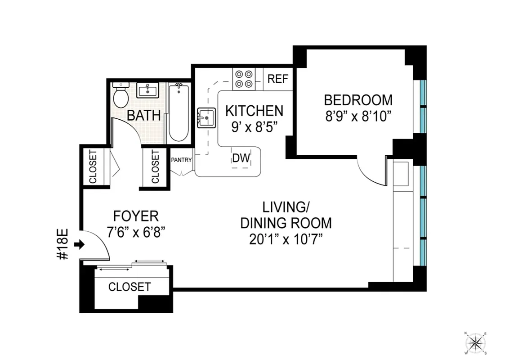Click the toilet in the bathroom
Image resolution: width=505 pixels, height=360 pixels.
[x=120, y=95]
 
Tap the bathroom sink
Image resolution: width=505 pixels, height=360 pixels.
[x=147, y=90]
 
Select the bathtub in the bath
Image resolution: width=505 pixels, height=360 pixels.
[x=179, y=112]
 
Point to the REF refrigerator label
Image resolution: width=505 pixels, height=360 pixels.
[x=277, y=79]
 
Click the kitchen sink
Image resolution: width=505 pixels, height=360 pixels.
[x=206, y=118]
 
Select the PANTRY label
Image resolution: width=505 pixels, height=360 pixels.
[x=182, y=160]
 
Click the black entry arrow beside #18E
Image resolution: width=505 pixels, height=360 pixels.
[x=79, y=245]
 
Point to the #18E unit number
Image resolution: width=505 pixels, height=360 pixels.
[x=63, y=244]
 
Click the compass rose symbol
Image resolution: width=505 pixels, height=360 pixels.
[x=475, y=344]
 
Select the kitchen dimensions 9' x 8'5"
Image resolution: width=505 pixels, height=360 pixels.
[x=254, y=127]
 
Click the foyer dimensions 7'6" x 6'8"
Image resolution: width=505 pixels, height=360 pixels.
[x=136, y=232]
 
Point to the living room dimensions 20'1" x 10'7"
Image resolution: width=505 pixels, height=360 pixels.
[x=286, y=239]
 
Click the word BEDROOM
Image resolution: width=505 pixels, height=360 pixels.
[x=358, y=99]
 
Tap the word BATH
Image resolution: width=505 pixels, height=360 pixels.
[x=143, y=115]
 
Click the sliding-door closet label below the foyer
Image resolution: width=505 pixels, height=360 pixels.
[x=129, y=287]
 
